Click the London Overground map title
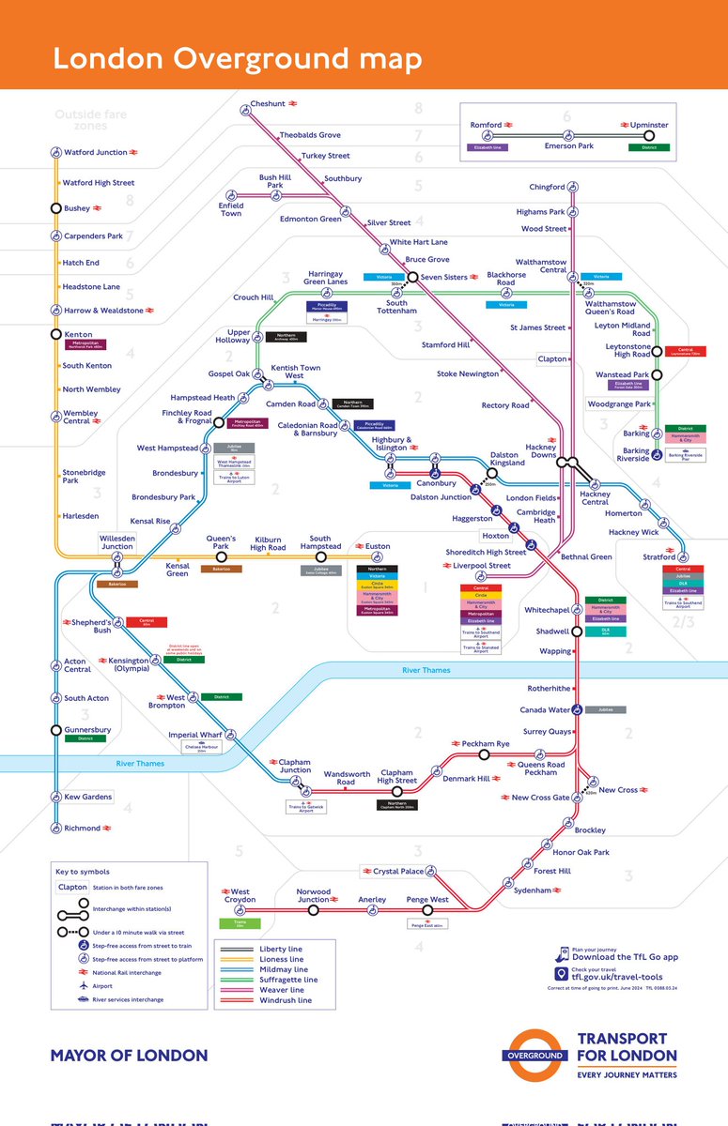[237, 58]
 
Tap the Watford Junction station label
[95, 152]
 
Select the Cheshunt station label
[267, 103]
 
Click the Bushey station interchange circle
[56, 208]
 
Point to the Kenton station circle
[56, 334]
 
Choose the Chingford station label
[547, 187]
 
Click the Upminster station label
[649, 125]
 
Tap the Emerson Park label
[569, 145]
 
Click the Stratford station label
[659, 557]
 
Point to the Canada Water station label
[545, 709]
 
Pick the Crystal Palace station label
[398, 871]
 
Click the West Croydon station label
[240, 896]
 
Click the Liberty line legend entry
[281, 950]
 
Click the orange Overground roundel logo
[538, 1055]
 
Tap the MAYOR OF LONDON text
[129, 1056]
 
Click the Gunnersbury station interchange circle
[56, 730]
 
